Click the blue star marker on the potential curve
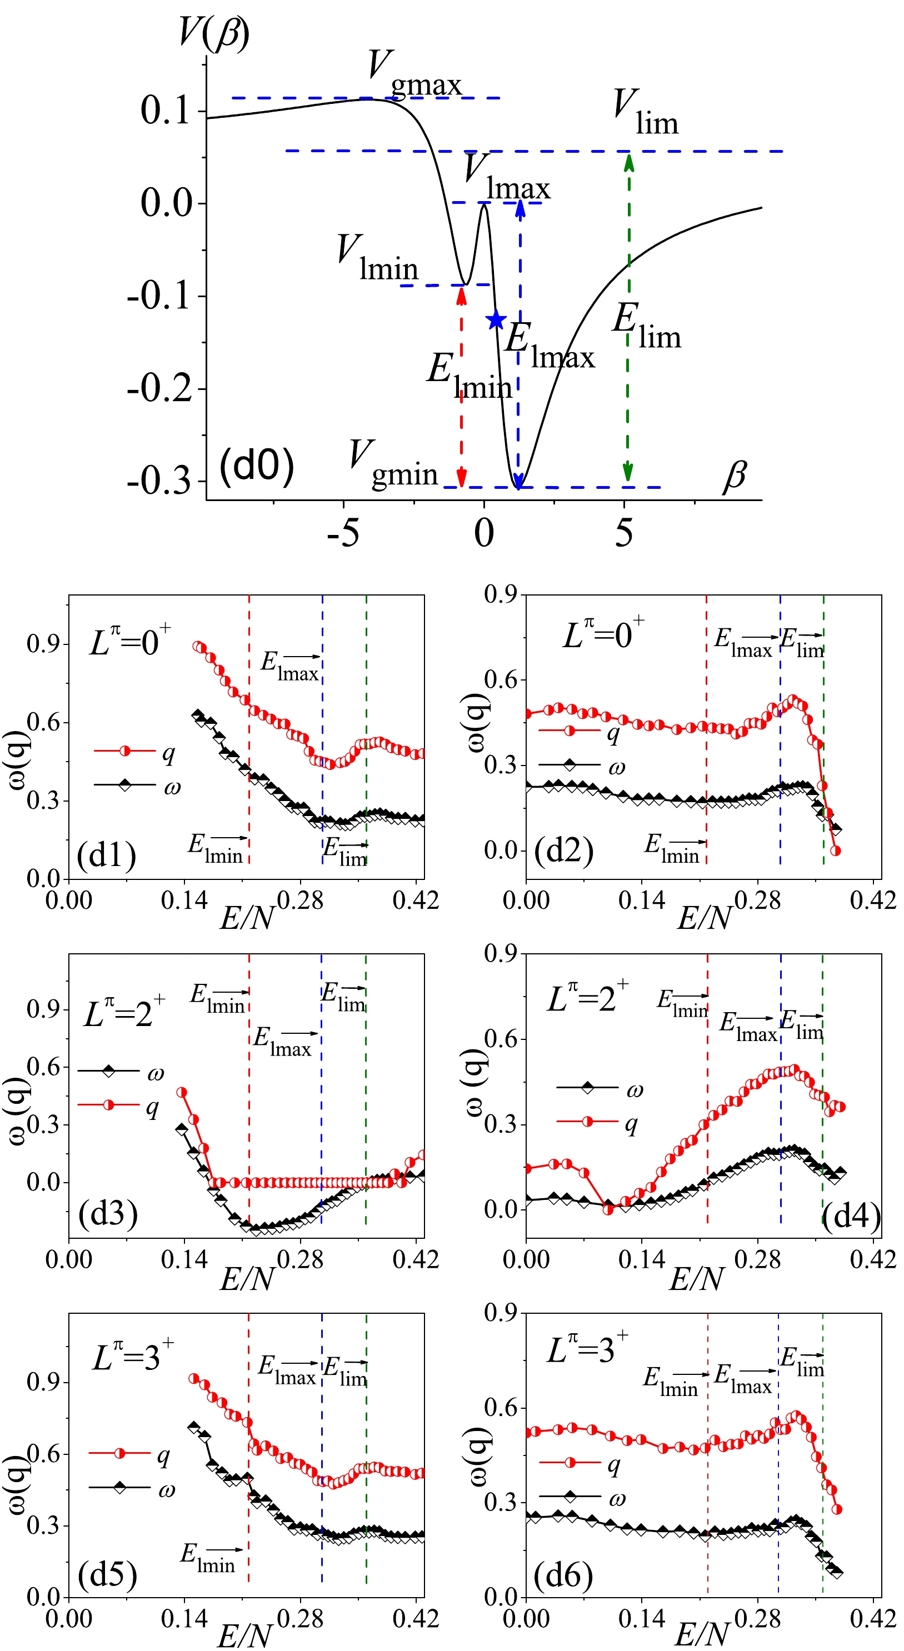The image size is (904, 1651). coord(496,319)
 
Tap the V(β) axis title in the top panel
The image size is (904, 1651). coord(214,33)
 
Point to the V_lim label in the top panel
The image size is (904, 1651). coord(645,112)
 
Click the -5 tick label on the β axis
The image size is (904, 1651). coord(343,533)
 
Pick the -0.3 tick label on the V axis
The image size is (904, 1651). coord(159,481)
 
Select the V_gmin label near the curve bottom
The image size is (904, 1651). coord(392,464)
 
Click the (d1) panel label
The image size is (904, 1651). coord(107,854)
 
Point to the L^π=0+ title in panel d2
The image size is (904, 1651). coord(603,634)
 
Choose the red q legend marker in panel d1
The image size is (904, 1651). coord(125,751)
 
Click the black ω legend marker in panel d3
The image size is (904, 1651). coord(108,1070)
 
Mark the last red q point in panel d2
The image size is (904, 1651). coord(836,851)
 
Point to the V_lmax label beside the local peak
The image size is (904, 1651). coord(507,177)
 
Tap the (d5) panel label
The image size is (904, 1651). coord(107,1574)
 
